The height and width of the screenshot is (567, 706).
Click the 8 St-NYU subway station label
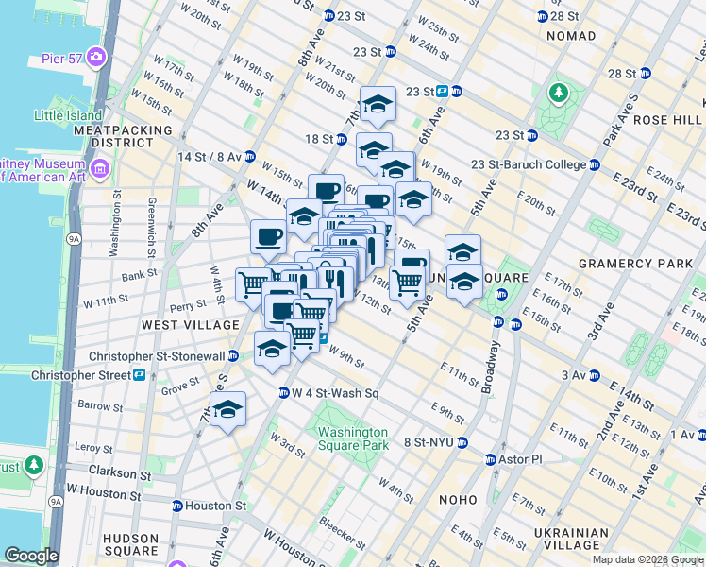(429, 442)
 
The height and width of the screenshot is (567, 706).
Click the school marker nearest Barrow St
(227, 409)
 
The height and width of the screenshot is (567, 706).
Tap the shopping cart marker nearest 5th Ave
(407, 281)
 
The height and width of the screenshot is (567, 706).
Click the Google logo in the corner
(31, 557)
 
